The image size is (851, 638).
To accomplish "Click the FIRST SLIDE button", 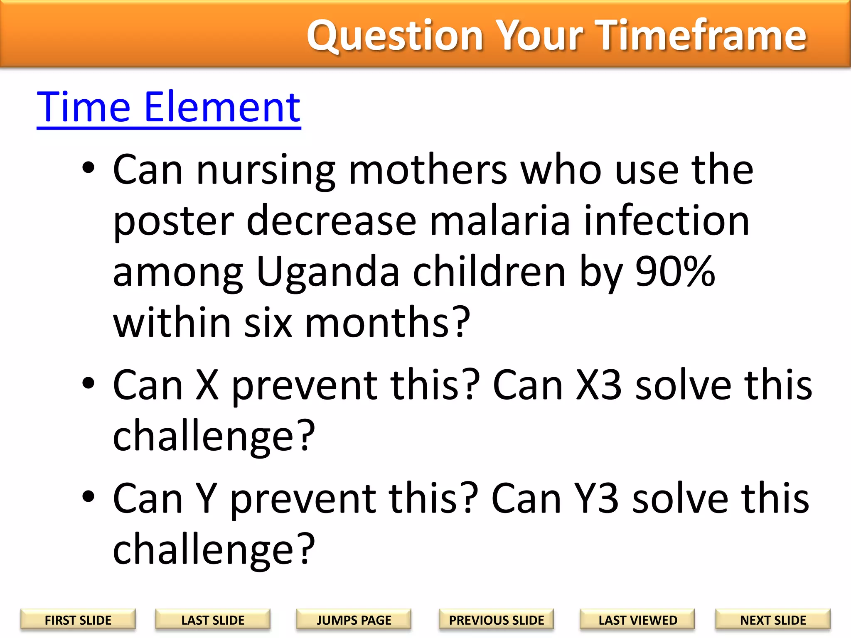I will point(78,620).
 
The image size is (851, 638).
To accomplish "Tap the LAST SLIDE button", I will point(213,620).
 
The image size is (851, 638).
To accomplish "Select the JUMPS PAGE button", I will point(354,620).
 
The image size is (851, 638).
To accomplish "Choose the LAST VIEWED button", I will point(637,620).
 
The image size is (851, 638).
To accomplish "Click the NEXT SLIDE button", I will point(773,620).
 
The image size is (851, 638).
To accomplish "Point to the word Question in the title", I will point(395,37).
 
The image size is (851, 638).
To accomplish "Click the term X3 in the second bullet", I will point(599,385).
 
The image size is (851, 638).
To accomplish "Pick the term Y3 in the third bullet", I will point(596,499).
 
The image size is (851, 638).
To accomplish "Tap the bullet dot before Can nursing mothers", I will point(89,168).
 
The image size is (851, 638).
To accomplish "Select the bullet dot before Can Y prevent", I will point(89,496).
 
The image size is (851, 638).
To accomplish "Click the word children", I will point(489,272).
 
